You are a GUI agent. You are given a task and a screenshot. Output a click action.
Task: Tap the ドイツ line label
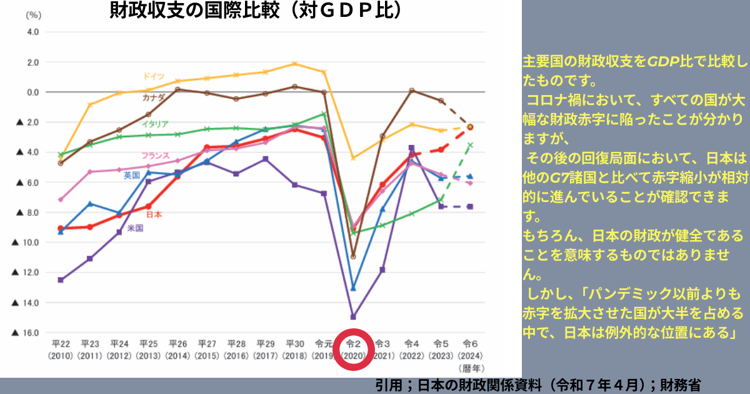coord(153,76)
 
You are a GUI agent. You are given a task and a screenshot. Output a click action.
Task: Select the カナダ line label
coord(153,98)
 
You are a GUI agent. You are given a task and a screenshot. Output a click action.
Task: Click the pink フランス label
coord(155,155)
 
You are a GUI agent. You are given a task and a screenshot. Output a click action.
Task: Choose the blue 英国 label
coord(132,175)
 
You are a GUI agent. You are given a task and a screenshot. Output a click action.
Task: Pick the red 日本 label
coord(154,215)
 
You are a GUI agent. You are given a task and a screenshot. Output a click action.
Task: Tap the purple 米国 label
coord(136,228)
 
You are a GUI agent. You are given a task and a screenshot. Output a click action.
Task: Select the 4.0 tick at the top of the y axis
coord(32,32)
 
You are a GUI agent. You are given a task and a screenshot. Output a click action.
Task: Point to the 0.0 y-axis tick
coord(32,92)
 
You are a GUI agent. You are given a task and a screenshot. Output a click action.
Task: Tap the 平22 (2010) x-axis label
coord(61,348)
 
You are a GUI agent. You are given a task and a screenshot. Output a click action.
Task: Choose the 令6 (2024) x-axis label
coord(471,348)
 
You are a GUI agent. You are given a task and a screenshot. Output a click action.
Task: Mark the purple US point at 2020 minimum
coord(353,316)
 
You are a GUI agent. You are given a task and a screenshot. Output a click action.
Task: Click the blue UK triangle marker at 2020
coord(353,288)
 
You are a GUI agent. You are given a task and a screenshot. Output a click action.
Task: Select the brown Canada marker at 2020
coord(353,256)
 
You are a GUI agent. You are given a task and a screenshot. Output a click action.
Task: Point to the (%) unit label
coord(32,14)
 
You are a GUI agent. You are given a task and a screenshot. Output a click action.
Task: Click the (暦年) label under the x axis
coord(471,368)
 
